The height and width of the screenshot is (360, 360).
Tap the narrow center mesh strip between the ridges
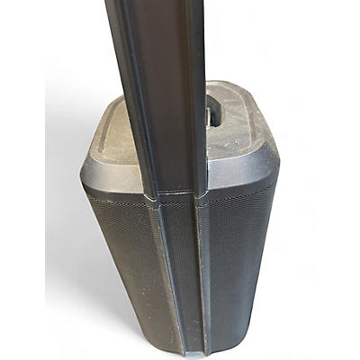coord(180,270)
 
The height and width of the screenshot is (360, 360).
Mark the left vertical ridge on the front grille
coord(163,270)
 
